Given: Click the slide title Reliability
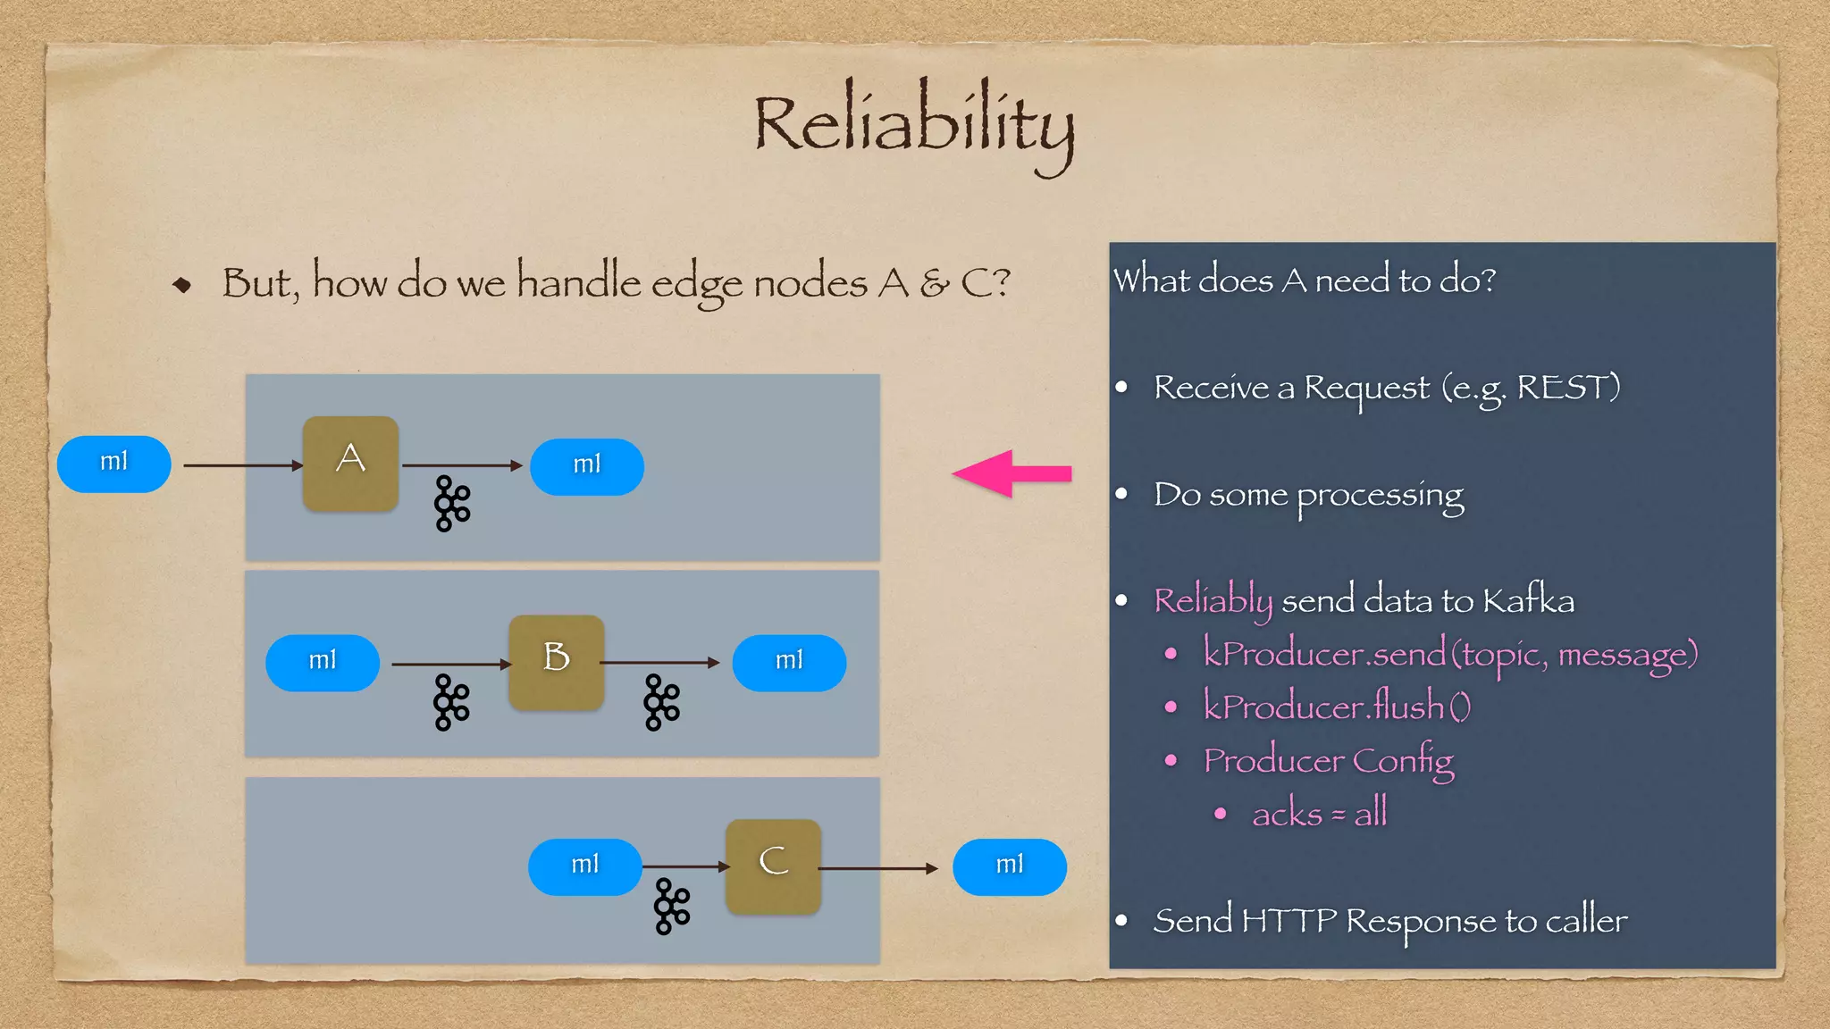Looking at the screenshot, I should [913, 125].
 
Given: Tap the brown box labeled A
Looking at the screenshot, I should [350, 463].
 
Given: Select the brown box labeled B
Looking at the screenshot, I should [556, 662].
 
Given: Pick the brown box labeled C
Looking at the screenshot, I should [773, 866].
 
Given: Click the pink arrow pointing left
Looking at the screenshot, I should [1012, 473].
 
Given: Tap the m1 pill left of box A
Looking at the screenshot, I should [113, 464].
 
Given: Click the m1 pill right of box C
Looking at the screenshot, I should [1009, 866].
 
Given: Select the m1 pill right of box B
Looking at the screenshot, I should [789, 663].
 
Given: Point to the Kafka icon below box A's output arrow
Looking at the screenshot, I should [452, 504].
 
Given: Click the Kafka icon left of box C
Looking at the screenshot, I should [672, 906].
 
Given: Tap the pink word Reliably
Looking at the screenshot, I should [1213, 601].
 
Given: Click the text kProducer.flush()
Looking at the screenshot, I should [1336, 707].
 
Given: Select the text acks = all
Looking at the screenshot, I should [1319, 814].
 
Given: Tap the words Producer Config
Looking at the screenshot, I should [1328, 761].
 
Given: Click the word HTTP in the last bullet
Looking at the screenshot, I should [1289, 920].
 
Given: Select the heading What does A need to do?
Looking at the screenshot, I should [1304, 280].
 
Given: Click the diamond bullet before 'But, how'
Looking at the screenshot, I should [182, 285].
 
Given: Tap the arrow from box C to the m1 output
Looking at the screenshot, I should [877, 868].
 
